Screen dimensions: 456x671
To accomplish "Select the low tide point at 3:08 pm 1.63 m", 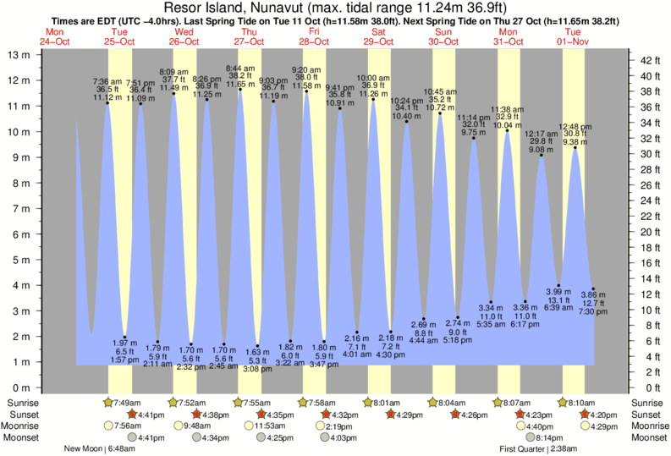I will [x=257, y=346].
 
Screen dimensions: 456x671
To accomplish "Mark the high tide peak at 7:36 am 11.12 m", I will [x=107, y=103].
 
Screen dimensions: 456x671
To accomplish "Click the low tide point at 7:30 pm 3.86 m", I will [x=593, y=289].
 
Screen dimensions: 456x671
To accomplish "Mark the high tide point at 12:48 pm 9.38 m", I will [x=575, y=148].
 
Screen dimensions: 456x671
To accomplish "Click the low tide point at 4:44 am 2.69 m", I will [x=423, y=319].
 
